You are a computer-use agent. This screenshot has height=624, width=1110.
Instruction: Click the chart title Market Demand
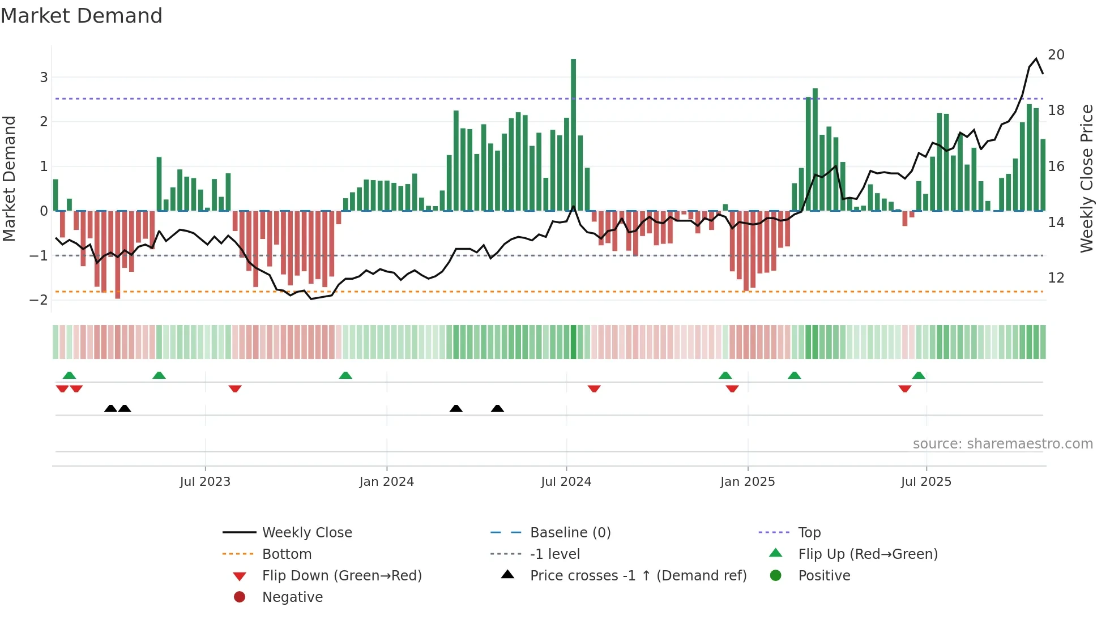(82, 16)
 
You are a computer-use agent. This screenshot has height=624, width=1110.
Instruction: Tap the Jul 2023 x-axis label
(205, 482)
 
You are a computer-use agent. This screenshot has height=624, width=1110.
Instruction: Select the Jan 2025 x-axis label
(748, 482)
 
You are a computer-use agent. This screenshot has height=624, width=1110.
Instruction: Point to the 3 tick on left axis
(44, 77)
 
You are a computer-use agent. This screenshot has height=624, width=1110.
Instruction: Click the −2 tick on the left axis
(39, 300)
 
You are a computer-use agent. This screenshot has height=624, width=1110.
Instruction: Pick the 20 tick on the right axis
(1056, 55)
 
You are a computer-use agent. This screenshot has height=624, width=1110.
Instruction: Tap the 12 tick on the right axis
(1056, 278)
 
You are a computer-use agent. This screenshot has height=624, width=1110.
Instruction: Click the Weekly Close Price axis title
(1086, 179)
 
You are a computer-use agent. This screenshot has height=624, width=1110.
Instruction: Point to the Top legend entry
(809, 533)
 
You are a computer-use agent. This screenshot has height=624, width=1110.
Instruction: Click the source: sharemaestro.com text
(1002, 444)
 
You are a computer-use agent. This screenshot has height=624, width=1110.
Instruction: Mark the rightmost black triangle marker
(497, 409)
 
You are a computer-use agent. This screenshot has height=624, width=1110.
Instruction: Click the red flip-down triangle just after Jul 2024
(594, 389)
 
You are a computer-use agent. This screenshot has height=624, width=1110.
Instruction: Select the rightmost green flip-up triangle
(919, 375)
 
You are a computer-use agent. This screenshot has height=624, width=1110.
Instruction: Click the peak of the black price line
(1036, 59)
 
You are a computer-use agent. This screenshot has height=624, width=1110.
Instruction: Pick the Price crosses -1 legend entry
(638, 576)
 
